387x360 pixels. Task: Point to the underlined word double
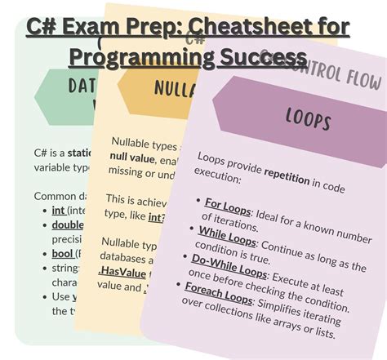click(68, 224)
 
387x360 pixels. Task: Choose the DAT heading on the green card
click(82, 85)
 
